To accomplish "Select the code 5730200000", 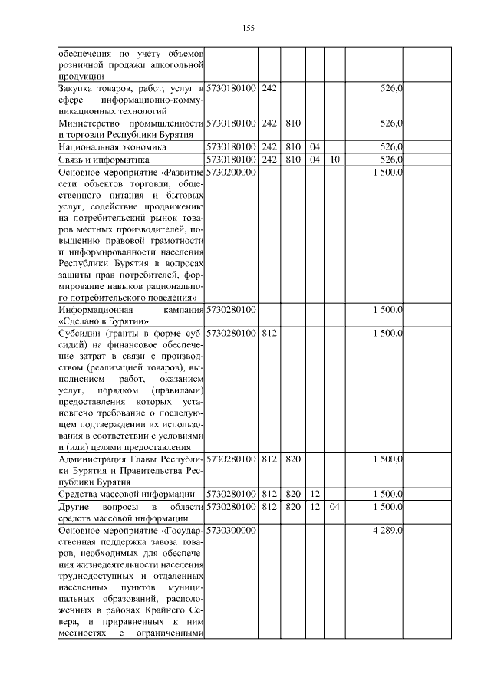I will click(x=231, y=173).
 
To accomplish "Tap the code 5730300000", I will click(x=231, y=530).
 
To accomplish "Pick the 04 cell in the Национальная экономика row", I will click(x=314, y=146).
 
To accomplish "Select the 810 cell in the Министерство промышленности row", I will click(x=292, y=123).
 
